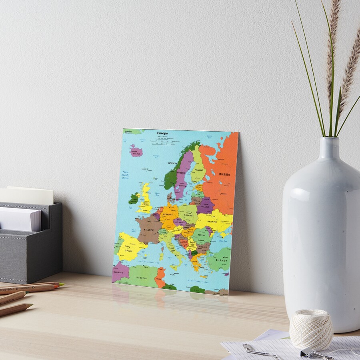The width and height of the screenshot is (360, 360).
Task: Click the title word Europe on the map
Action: tap(162, 133)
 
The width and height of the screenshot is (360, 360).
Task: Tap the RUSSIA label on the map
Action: tap(224, 174)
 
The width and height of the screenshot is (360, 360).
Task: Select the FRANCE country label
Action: tap(149, 230)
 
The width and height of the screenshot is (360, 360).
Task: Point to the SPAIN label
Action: tap(128, 250)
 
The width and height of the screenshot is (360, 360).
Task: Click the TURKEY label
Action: tap(221, 260)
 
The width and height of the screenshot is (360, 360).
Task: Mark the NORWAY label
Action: tap(172, 163)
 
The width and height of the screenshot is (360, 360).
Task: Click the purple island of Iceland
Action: tap(136, 151)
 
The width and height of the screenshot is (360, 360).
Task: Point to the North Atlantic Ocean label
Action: tap(126, 175)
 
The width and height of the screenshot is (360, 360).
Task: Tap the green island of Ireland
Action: tap(133, 198)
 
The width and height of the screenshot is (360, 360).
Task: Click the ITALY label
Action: tap(171, 248)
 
